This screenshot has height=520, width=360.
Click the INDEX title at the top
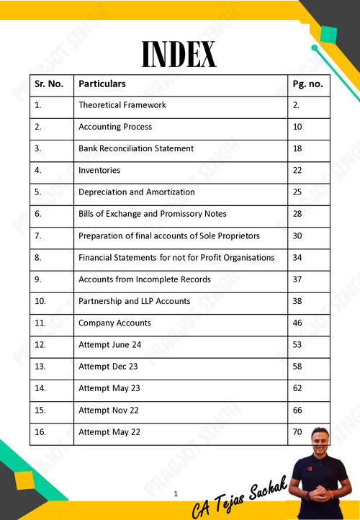179,54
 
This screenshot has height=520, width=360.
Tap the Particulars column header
102,84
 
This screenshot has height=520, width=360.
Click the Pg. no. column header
307,84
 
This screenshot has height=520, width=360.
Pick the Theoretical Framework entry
122,105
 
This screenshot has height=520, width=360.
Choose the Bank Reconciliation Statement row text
135,148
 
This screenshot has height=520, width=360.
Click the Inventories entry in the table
99,171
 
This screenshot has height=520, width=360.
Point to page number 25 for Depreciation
297,192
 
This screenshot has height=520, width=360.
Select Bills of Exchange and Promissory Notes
152,214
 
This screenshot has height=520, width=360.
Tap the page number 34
297,258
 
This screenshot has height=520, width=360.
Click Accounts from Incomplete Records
144,279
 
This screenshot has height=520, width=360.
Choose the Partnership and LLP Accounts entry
134,301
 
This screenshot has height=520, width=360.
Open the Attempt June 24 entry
109,345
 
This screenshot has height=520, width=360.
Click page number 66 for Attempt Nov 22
297,411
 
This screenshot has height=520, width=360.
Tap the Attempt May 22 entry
109,432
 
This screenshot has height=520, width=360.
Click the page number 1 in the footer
176,494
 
